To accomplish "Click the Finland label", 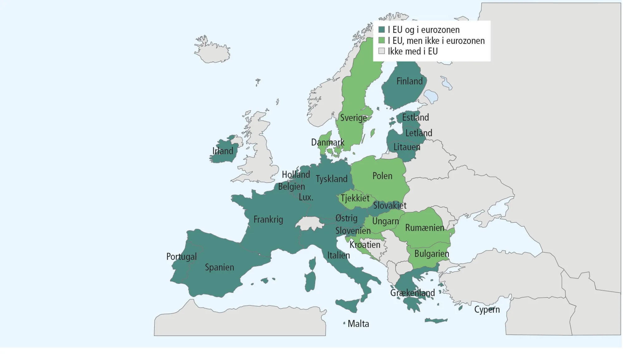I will tap(409, 81).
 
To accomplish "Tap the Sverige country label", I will tap(353, 118).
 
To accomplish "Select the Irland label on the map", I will tap(223, 151).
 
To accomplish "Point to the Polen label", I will tap(382, 176).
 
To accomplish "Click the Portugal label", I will tap(181, 257).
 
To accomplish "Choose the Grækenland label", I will tap(412, 293).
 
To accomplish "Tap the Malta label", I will tap(358, 324).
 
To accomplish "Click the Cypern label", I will tap(487, 310).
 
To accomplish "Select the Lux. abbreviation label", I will tap(306, 197).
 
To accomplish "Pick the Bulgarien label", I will tap(431, 254).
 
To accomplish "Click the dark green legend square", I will tap(382, 30).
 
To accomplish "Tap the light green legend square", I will tap(382, 40).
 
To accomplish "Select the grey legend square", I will tap(382, 51).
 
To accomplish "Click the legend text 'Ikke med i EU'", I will tap(413, 51).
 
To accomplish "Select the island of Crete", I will tap(436, 320).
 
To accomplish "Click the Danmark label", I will tap(327, 143).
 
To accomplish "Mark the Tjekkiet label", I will tap(355, 198).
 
